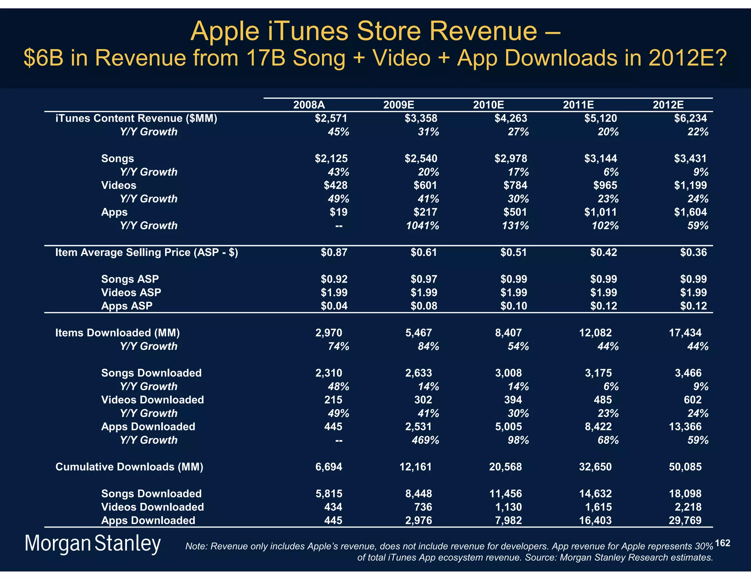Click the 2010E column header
(488, 105)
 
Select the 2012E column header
(668, 105)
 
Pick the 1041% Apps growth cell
(422, 225)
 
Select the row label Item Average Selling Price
(147, 252)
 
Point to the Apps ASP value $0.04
(334, 306)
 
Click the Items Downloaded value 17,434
(685, 333)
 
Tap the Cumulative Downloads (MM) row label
(129, 467)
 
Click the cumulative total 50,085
(685, 467)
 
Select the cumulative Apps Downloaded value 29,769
(685, 520)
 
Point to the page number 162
(722, 543)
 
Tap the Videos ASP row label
(131, 293)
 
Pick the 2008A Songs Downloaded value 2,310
(329, 373)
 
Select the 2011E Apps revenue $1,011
(600, 212)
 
